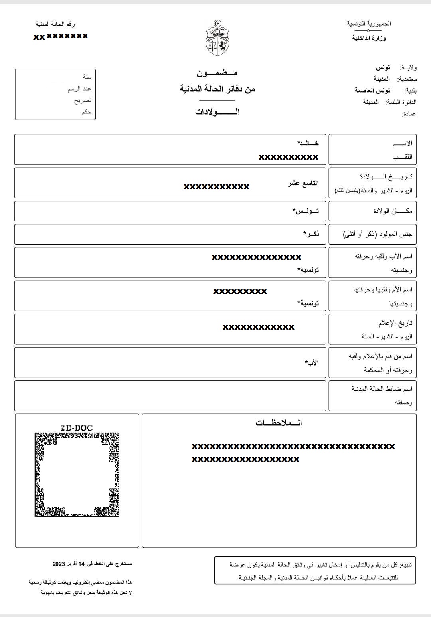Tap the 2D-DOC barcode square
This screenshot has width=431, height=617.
tap(77, 475)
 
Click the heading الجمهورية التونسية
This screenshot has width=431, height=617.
tap(369, 24)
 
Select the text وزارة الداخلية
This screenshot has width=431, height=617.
tap(369, 38)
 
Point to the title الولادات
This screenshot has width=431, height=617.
tap(217, 112)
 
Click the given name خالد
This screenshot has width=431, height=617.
tap(308, 143)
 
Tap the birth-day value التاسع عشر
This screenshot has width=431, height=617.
tap(303, 183)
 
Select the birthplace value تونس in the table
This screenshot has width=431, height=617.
tap(306, 211)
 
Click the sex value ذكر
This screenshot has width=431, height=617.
tap(311, 234)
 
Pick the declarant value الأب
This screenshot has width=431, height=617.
tap(312, 363)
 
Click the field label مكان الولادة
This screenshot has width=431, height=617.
tap(393, 211)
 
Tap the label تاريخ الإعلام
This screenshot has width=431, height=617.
tap(395, 323)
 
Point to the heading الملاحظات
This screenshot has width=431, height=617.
tap(279, 423)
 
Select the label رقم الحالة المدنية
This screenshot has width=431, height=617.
tap(55, 24)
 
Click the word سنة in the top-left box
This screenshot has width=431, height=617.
tap(87, 77)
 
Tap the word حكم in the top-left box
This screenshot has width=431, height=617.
tap(87, 112)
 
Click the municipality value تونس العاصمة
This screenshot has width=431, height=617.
tap(372, 91)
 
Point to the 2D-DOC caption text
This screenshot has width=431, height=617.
tap(77, 428)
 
